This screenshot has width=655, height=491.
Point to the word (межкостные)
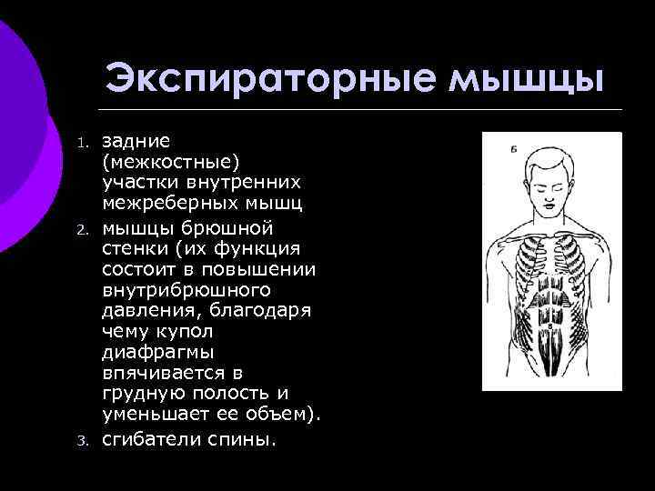tap(171, 162)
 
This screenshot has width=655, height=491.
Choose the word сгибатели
tap(151, 439)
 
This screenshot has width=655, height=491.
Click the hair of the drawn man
tap(552, 158)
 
